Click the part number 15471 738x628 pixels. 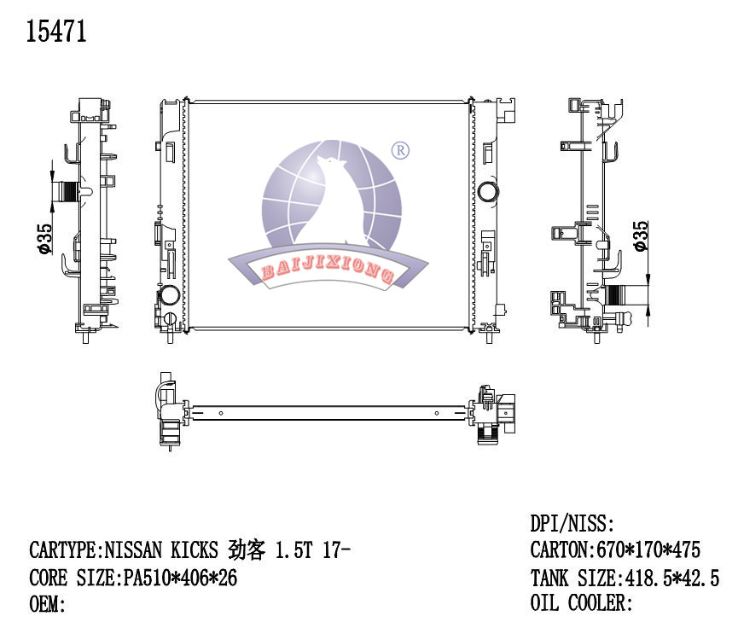tap(57, 32)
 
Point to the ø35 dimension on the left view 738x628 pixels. tap(44, 239)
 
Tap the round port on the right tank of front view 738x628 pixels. tap(489, 190)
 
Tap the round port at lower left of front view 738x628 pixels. tap(168, 297)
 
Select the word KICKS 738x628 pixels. tap(197, 549)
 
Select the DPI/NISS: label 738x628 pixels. tap(572, 524)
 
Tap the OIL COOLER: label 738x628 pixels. tap(581, 604)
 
